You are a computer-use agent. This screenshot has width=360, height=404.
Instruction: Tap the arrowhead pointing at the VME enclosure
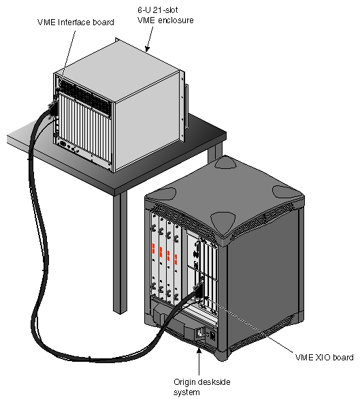pyautogui.click(x=147, y=49)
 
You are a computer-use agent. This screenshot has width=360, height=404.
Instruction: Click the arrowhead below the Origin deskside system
pyautogui.click(x=199, y=351)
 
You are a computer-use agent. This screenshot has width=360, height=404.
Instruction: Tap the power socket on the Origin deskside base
pyautogui.click(x=201, y=333)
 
